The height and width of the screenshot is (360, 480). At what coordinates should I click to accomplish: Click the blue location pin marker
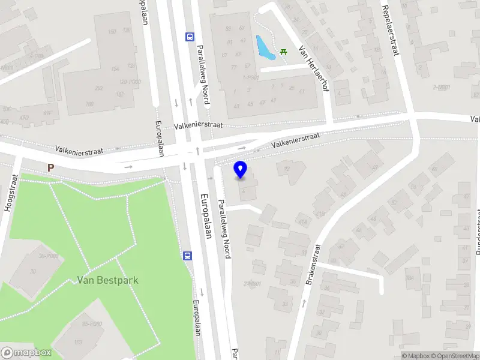click(241, 170)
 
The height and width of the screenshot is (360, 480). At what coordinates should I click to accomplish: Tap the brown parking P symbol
click(51, 168)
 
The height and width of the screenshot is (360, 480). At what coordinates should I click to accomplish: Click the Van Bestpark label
click(99, 280)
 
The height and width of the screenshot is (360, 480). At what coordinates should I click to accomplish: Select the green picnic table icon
click(283, 52)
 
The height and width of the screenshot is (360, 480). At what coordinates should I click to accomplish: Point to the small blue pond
click(265, 47)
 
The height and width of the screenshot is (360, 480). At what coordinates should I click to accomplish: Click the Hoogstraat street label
click(10, 193)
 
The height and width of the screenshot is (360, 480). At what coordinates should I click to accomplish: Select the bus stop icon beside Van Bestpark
click(188, 256)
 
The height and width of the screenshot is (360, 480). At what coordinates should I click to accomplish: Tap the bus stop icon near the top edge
click(190, 37)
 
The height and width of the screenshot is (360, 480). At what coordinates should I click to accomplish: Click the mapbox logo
click(26, 353)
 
